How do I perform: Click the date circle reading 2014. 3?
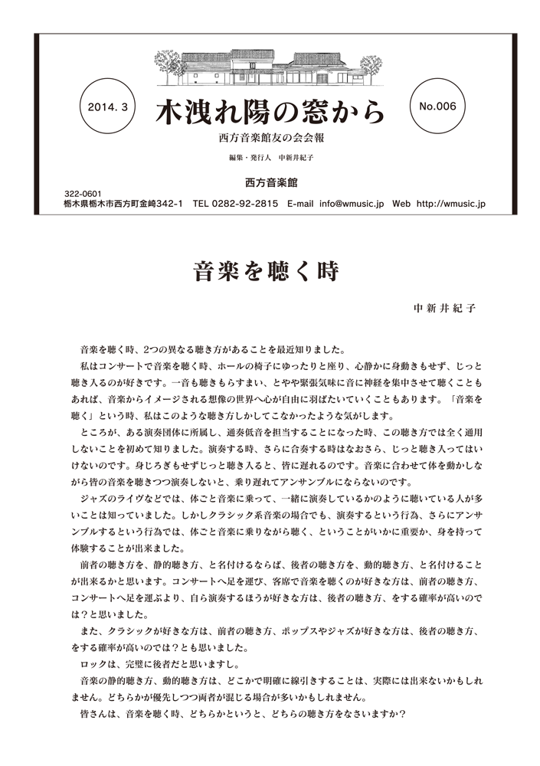(x=107, y=107)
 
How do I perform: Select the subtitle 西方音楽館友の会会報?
(x=270, y=140)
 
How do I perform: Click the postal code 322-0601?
(x=81, y=195)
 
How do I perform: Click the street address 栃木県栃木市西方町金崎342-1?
(x=123, y=205)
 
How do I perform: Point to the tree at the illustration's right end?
(x=371, y=67)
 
